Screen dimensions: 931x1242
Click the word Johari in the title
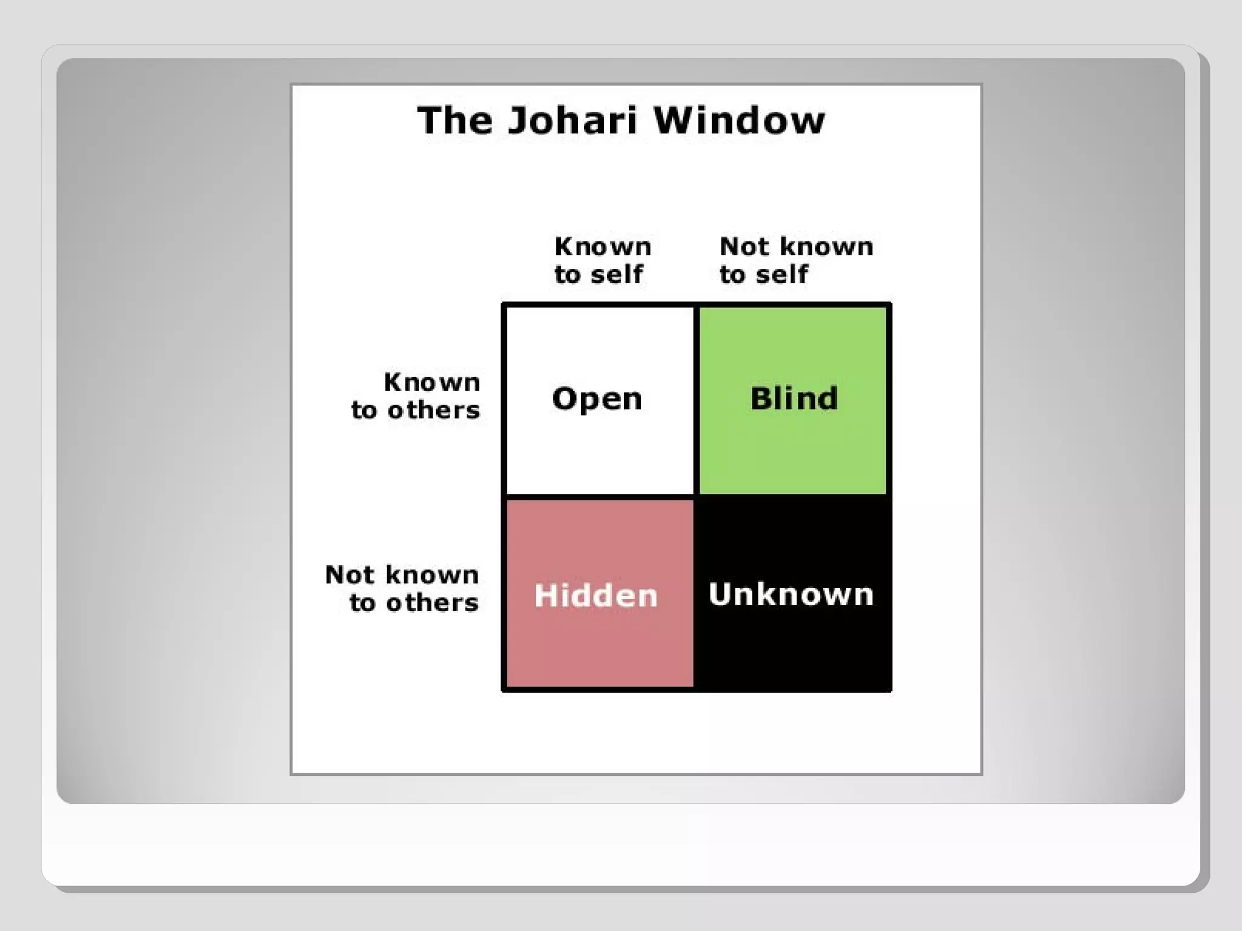click(x=572, y=120)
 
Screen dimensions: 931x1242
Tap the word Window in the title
click(x=739, y=120)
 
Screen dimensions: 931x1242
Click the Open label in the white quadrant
click(x=597, y=399)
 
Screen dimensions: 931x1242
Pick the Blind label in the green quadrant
click(x=794, y=399)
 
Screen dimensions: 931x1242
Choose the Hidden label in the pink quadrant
click(x=596, y=595)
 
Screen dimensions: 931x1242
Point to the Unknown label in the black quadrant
click(x=791, y=594)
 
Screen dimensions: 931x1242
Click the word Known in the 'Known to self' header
click(x=603, y=247)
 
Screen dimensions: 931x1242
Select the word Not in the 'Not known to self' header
click(x=744, y=247)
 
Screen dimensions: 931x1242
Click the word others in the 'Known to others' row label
click(x=434, y=410)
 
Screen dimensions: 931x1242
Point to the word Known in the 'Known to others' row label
click(x=432, y=382)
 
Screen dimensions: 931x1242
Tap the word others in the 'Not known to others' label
click(x=432, y=602)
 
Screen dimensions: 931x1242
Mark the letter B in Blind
click(x=761, y=399)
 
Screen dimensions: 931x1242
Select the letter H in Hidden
click(x=545, y=595)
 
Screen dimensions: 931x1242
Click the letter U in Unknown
click(x=720, y=593)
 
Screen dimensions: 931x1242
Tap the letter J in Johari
click(x=516, y=120)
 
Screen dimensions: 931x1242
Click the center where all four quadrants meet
click(x=696, y=496)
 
